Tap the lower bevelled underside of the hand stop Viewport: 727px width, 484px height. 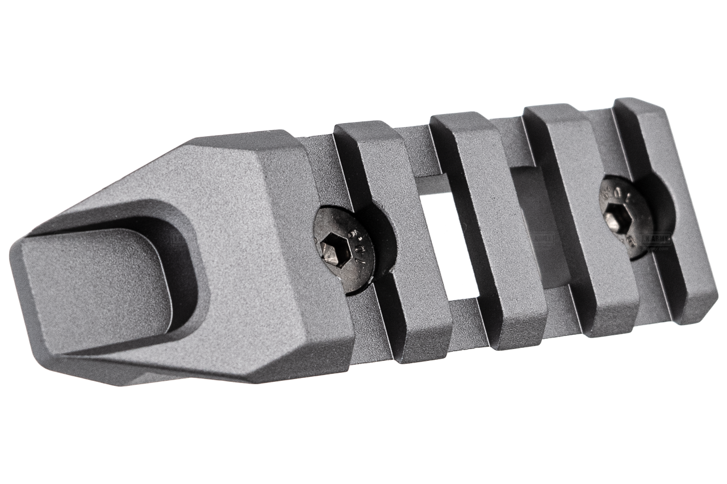point(170,369)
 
